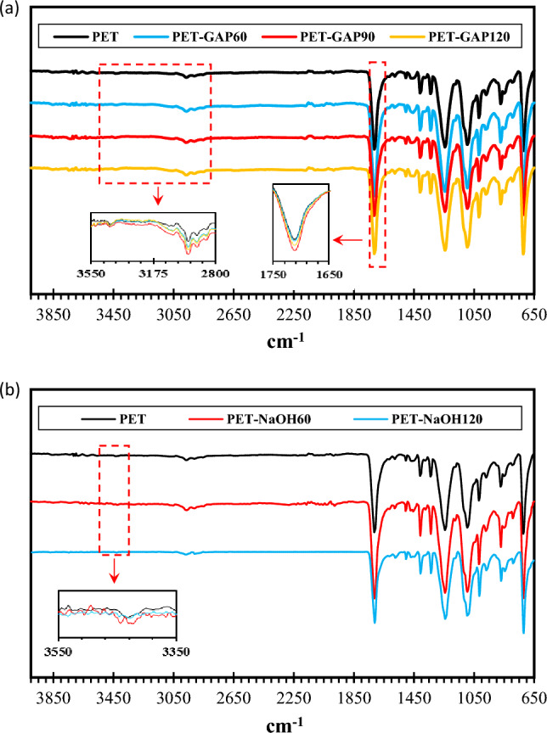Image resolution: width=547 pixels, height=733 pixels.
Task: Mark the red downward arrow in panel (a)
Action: click(x=157, y=196)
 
